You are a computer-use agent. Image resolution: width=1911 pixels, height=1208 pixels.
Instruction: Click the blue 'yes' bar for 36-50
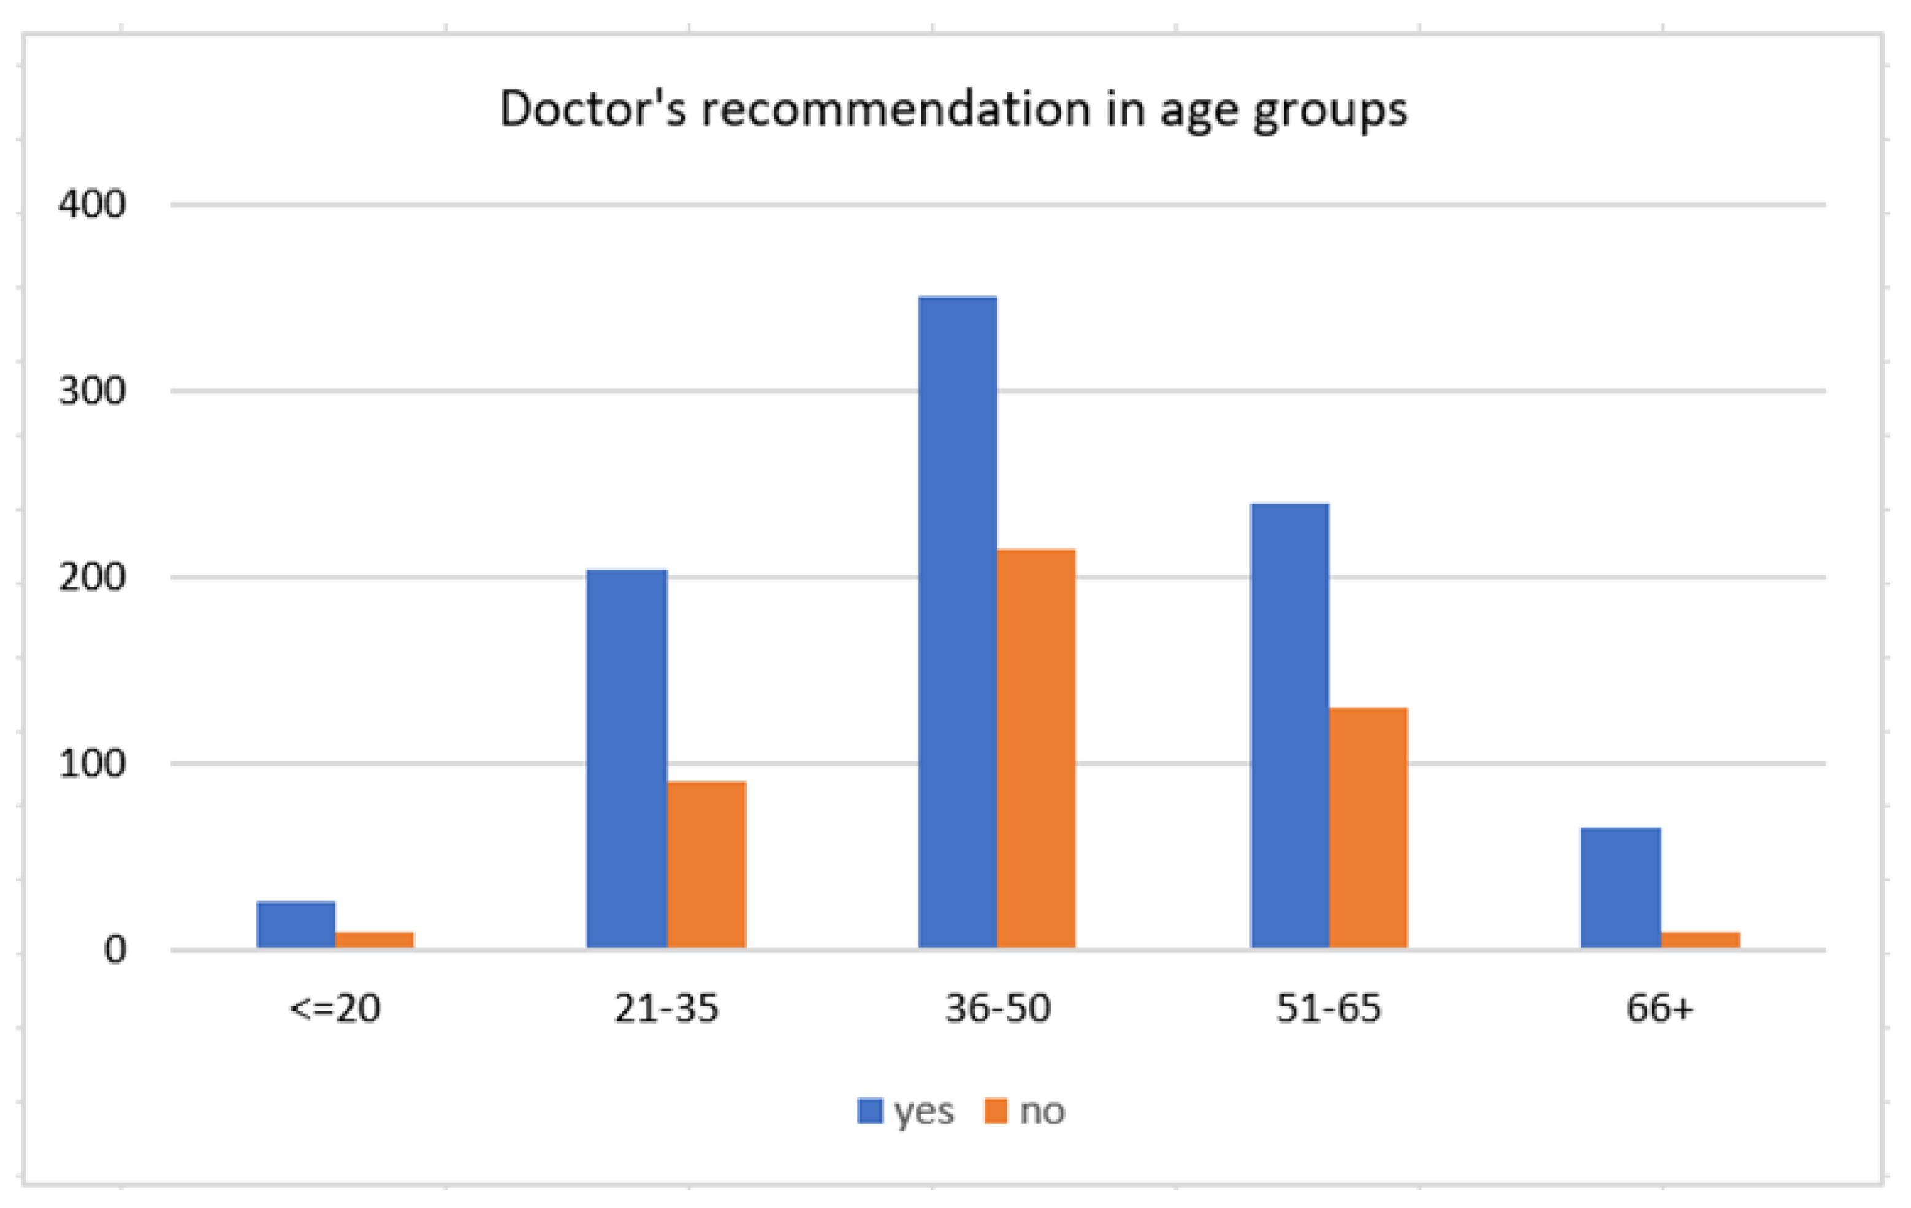pyautogui.click(x=957, y=622)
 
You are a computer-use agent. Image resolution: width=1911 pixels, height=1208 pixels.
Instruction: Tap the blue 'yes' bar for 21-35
pyautogui.click(x=627, y=759)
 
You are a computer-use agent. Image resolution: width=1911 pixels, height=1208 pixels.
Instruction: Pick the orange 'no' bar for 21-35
pyautogui.click(x=706, y=864)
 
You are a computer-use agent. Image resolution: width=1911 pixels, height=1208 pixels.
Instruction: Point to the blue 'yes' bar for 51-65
pyautogui.click(x=1289, y=726)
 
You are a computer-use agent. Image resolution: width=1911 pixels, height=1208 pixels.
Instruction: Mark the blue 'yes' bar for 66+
pyautogui.click(x=1620, y=888)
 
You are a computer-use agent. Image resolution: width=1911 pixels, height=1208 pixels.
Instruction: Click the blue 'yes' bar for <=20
pyautogui.click(x=296, y=925)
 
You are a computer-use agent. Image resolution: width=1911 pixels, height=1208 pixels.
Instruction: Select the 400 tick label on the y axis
pyautogui.click(x=92, y=205)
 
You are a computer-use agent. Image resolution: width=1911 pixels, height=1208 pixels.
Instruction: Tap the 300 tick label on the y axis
pyautogui.click(x=92, y=391)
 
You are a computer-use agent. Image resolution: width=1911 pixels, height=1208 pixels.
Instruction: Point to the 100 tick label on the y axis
pyautogui.click(x=92, y=764)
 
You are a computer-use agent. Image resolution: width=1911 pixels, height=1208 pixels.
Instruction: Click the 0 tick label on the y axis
pyautogui.click(x=115, y=950)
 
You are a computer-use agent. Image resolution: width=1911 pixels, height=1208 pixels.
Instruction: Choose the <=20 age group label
pyautogui.click(x=335, y=1009)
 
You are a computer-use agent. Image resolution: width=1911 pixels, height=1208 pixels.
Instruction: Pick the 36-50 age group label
pyautogui.click(x=997, y=1009)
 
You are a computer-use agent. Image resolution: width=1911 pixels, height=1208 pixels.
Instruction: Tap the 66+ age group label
pyautogui.click(x=1660, y=1009)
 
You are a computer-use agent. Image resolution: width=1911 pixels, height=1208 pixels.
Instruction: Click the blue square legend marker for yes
pyautogui.click(x=870, y=1111)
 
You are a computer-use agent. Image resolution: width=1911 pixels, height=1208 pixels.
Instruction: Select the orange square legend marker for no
pyautogui.click(x=995, y=1111)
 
